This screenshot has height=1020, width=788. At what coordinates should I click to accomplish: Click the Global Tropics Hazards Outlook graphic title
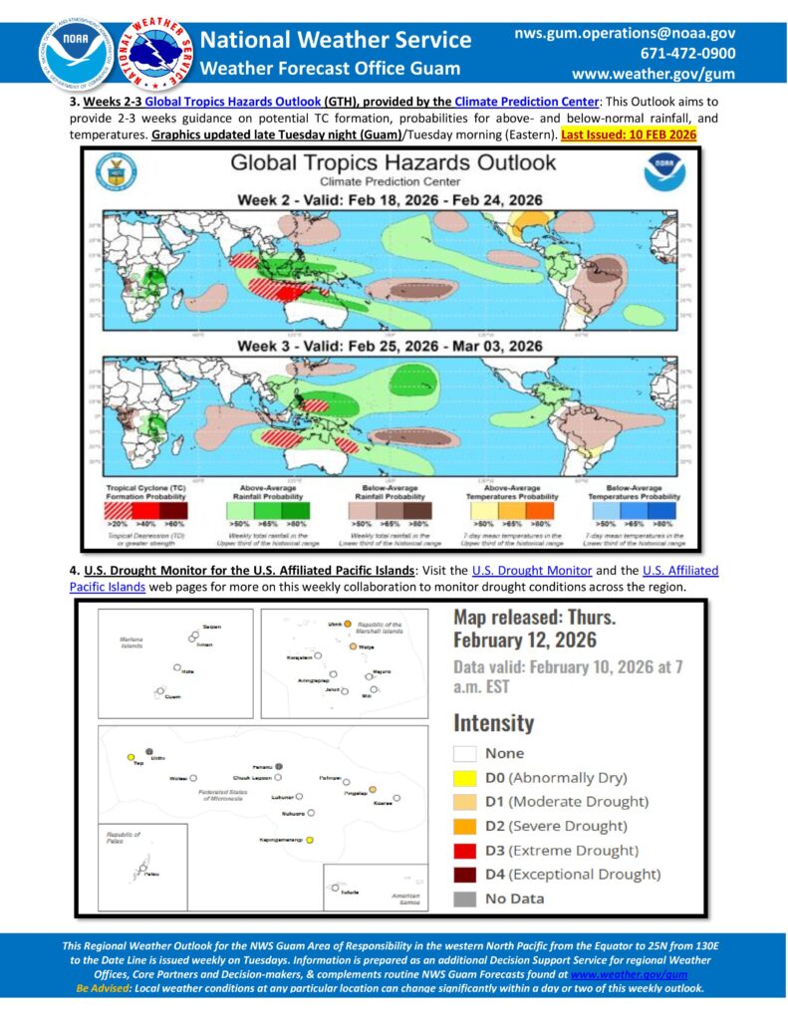[393, 162]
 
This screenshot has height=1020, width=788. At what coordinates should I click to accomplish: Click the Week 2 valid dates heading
[390, 200]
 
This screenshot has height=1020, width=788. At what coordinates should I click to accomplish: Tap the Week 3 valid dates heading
[390, 346]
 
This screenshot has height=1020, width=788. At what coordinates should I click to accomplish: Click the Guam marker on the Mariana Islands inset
[159, 691]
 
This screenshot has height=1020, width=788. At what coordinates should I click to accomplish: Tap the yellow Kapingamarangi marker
[310, 841]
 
